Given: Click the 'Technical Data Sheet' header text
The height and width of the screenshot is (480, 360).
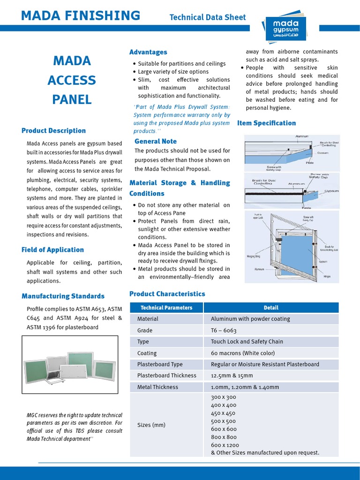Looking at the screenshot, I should point(207,17).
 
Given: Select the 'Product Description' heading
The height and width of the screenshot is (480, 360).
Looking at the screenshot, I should point(53,131).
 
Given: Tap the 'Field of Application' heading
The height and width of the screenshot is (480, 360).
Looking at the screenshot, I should point(52,250).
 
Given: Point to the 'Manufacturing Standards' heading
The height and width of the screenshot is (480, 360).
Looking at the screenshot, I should point(63,296).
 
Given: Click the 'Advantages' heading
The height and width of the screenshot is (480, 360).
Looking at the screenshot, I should point(148,52).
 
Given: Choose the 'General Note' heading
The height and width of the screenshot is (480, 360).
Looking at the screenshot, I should point(156,141).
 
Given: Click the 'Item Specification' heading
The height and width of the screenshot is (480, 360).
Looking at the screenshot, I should point(267,123).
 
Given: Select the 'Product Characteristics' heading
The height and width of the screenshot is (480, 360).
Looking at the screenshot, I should point(167,294).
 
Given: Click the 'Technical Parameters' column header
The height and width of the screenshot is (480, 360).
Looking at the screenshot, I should point(166,308).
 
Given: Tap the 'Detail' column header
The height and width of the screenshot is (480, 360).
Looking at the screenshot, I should point(271,308).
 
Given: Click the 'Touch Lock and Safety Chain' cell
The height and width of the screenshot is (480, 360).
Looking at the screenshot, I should point(247,342).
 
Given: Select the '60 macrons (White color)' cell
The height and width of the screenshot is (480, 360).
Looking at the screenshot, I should point(242,353).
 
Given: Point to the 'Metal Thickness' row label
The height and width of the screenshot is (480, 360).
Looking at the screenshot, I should point(157,387).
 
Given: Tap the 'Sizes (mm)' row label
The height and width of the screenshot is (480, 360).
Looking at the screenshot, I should point(151,425).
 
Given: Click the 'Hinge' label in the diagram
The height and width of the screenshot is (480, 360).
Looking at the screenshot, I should point(327,277).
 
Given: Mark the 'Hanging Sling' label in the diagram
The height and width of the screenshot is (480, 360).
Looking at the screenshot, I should point(253,256).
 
